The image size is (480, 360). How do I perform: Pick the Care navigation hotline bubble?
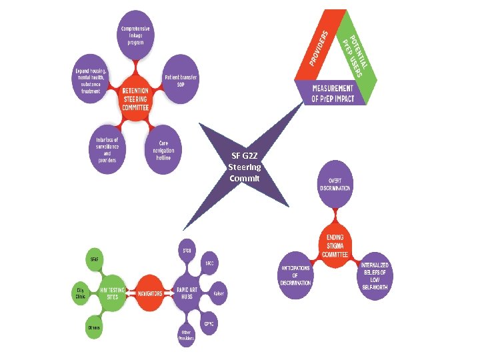coord(164,150)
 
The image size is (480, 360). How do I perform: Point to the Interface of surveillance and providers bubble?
coord(107,151)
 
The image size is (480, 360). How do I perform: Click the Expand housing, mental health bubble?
coord(92,81)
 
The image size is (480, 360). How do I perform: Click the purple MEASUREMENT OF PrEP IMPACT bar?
coord(333,93)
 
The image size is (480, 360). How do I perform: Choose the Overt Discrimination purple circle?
coord(334,184)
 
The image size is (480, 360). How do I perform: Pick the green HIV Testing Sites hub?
coord(111,293)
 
